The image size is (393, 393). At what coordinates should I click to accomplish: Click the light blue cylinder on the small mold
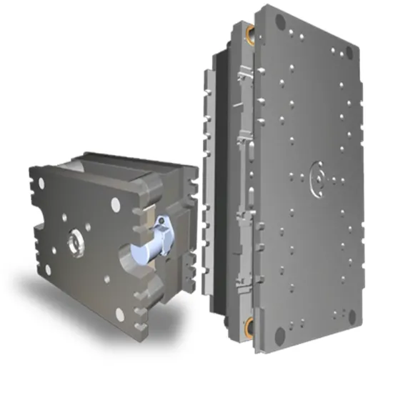click(x=146, y=250)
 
